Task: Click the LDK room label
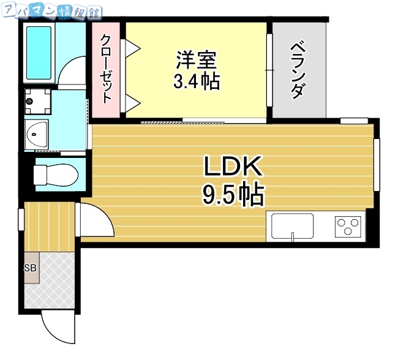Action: [233, 167]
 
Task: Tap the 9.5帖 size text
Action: [233, 195]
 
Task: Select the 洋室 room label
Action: [196, 60]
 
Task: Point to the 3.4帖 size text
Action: [196, 81]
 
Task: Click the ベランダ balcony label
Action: [298, 69]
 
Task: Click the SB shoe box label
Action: [30, 268]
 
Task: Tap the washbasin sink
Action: [39, 134]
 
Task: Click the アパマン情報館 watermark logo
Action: [51, 10]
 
